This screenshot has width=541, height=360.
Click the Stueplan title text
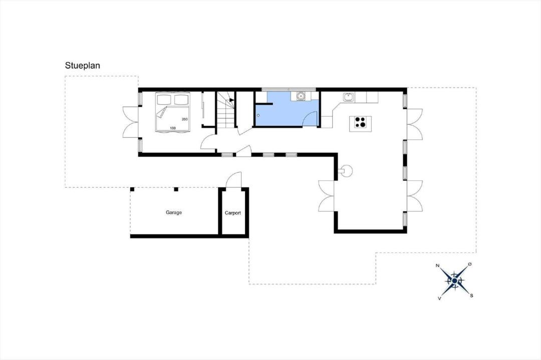83,66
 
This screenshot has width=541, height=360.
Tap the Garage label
173,212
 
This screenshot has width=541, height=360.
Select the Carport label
233,213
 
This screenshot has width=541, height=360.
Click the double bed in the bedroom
173,112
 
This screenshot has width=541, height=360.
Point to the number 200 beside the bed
184,119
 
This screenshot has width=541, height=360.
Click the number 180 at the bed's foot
173,128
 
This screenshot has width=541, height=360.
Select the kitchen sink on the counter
348,97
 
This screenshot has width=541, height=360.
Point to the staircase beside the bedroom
226,109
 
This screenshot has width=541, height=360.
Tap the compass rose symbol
455,281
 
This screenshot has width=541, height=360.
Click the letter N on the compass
437,265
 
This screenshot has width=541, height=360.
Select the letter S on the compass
472,295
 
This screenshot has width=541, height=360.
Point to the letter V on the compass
439,298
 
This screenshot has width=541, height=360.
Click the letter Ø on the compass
469,264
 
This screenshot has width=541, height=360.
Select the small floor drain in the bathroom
258,115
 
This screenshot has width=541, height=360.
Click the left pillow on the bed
164,100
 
